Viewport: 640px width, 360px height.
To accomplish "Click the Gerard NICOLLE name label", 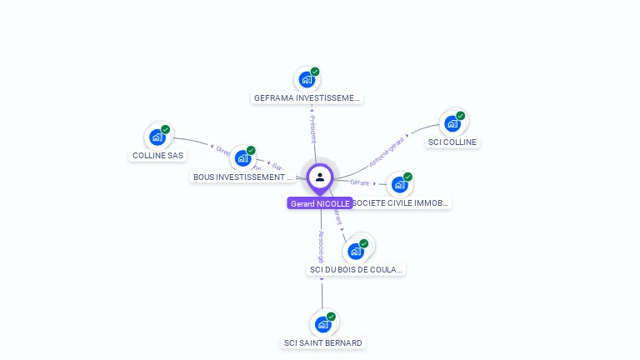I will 320,203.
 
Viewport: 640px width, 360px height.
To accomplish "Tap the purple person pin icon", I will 320,177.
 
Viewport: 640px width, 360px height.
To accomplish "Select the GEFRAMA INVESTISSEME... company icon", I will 307,80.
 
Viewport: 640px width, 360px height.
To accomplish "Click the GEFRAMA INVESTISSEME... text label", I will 307,97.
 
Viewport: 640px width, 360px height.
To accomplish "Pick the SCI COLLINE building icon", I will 452,124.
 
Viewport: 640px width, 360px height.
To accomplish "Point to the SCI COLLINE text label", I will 452,142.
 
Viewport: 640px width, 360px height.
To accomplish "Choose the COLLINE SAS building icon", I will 157,137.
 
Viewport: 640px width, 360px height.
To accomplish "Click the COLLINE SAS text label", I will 157,155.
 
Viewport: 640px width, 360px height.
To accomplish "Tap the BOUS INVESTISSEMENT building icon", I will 243,158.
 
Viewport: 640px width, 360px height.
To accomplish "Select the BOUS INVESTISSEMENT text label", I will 243,177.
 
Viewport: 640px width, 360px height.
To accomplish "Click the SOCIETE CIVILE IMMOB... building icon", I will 400,184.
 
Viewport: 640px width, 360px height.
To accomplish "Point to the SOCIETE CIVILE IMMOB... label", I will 401,202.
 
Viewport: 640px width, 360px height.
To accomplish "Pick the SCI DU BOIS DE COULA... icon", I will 356,251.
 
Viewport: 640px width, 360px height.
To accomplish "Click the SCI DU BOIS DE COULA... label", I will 356,269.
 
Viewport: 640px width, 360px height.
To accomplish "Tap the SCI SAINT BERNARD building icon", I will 323,324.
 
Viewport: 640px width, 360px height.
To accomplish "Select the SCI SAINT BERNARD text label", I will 323,342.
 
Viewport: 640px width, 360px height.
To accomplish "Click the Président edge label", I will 312,129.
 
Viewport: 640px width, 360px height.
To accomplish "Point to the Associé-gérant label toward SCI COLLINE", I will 387,151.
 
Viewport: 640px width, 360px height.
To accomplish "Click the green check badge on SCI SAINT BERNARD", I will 331,317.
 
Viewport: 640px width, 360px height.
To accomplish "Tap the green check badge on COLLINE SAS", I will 166,130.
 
